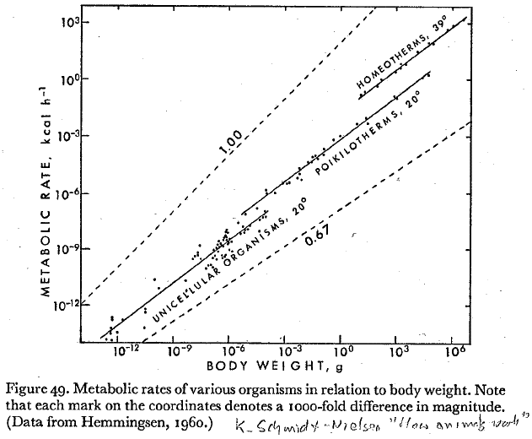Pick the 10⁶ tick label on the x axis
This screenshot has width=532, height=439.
455,348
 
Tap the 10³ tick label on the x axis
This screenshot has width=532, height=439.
400,348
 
